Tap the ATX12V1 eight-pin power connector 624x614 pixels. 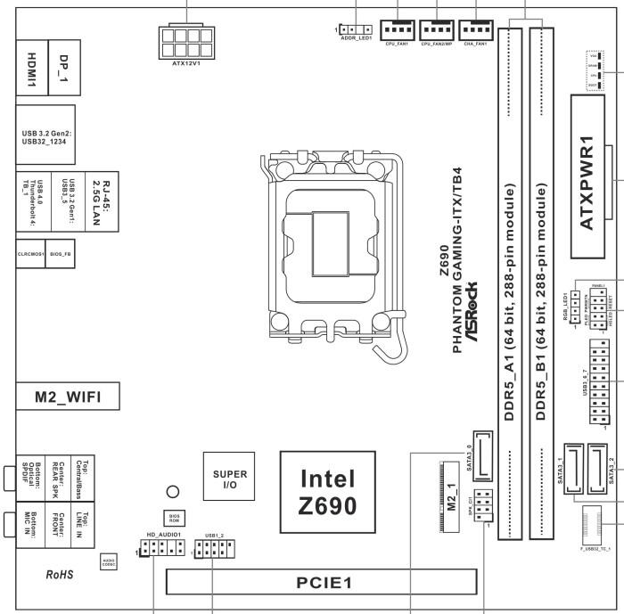click(187, 42)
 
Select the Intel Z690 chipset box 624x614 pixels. click(327, 492)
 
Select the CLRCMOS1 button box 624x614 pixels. click(30, 254)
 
